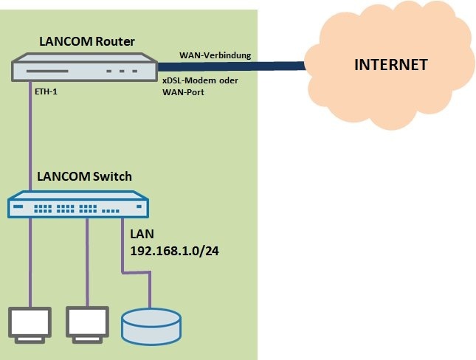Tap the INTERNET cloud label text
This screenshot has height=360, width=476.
coord(391,65)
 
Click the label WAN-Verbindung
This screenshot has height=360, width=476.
coord(215,56)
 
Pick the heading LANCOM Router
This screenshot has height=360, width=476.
coord(89,43)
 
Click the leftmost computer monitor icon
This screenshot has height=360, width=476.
coord(30,322)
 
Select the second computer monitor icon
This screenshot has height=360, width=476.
coord(87,322)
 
